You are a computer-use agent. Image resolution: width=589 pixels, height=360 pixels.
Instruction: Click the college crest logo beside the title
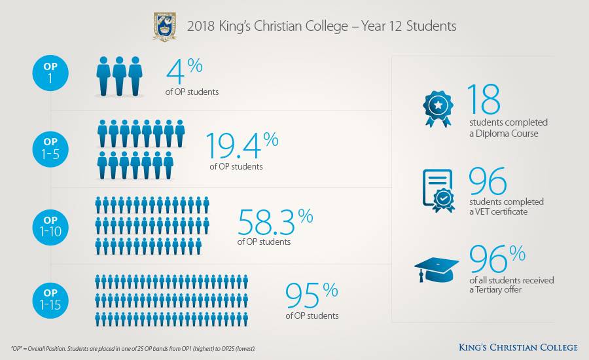click(x=165, y=27)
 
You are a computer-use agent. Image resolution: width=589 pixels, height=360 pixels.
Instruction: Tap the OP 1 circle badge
click(x=50, y=73)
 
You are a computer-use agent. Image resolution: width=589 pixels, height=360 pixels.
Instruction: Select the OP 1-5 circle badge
click(x=50, y=149)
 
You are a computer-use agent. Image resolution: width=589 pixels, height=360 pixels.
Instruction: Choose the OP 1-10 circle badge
click(x=50, y=227)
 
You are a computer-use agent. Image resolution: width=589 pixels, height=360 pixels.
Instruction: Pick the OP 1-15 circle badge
click(x=50, y=300)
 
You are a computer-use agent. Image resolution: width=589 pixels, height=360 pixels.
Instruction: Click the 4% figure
click(x=185, y=71)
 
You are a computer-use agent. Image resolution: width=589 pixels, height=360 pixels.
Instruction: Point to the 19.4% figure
click(x=242, y=145)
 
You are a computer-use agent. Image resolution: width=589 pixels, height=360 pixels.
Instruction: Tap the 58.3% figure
click(x=276, y=222)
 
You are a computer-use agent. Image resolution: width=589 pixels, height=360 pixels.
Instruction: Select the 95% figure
click(x=312, y=295)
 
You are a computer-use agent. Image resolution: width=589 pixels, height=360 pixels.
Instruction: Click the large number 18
click(x=484, y=99)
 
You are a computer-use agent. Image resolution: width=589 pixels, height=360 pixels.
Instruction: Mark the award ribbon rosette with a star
click(x=438, y=109)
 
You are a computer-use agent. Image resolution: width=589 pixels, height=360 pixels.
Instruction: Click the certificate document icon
click(x=438, y=190)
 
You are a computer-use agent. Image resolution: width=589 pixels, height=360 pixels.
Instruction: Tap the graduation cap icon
click(x=436, y=270)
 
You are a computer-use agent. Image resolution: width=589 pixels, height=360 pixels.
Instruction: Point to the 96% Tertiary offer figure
click(x=497, y=259)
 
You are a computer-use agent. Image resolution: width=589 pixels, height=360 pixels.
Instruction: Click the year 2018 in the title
click(x=201, y=26)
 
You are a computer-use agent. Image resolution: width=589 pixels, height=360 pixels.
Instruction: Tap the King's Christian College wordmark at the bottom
click(x=518, y=347)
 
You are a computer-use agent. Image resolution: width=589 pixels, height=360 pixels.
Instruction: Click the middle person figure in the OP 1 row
click(x=120, y=77)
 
